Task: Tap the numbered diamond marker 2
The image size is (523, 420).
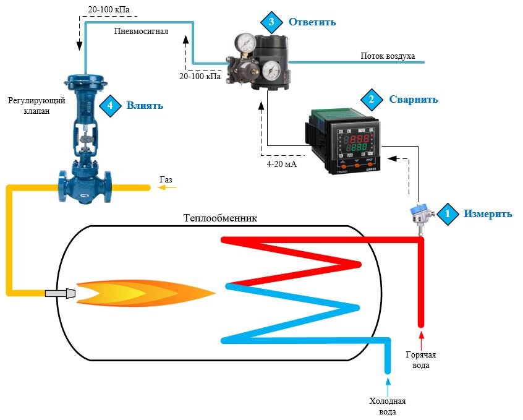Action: pyautogui.click(x=372, y=99)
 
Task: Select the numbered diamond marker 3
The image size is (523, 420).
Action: pyautogui.click(x=270, y=22)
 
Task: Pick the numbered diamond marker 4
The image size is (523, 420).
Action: pyautogui.click(x=111, y=105)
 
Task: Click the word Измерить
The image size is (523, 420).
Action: pyautogui.click(x=488, y=214)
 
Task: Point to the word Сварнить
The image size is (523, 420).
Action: pyautogui.click(x=413, y=99)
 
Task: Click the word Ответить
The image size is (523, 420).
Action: pyautogui.click(x=312, y=22)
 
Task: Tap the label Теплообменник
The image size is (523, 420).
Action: pyautogui.click(x=220, y=218)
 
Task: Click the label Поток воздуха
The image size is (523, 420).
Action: pyautogui.click(x=388, y=56)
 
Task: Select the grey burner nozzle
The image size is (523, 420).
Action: pyautogui.click(x=61, y=292)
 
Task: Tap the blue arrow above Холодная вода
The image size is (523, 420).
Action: pyautogui.click(x=388, y=387)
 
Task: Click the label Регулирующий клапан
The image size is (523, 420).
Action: pyautogui.click(x=29, y=105)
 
